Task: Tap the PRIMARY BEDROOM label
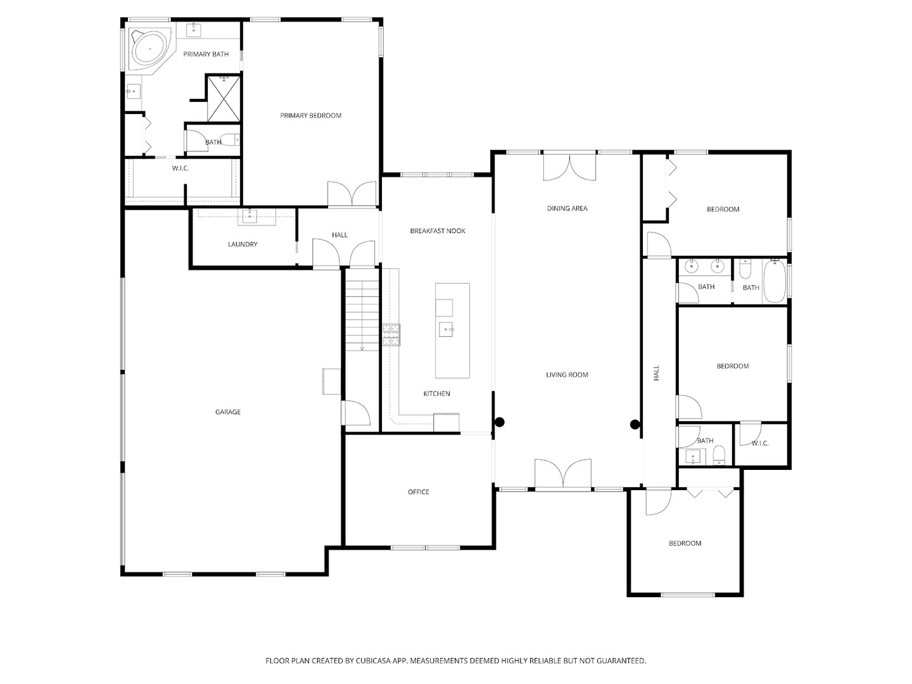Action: pyautogui.click(x=310, y=115)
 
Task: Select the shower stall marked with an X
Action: pyautogui.click(x=224, y=98)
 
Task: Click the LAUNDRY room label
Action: pyautogui.click(x=243, y=244)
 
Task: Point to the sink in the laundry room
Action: pyautogui.click(x=250, y=217)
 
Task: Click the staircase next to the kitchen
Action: pyautogui.click(x=362, y=315)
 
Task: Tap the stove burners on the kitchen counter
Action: pyautogui.click(x=391, y=335)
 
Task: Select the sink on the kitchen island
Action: pyautogui.click(x=446, y=329)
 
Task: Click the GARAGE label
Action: pyautogui.click(x=228, y=412)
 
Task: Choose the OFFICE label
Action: pyautogui.click(x=419, y=492)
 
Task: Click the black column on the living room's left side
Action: pyautogui.click(x=500, y=422)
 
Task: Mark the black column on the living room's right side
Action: pyautogui.click(x=635, y=424)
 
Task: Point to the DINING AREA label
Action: pyautogui.click(x=567, y=208)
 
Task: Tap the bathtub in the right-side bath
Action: pyautogui.click(x=775, y=281)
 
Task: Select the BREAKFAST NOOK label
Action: pyautogui.click(x=438, y=231)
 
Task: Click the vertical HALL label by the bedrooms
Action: pyautogui.click(x=657, y=373)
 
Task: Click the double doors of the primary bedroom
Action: pyautogui.click(x=352, y=194)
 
